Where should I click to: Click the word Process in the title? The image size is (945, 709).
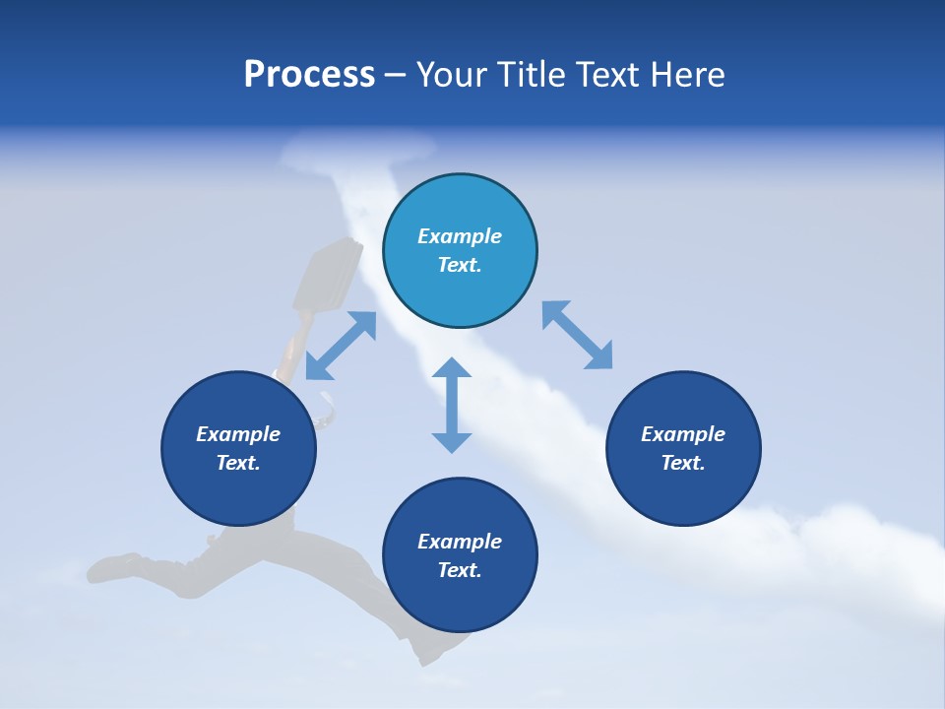[x=309, y=75]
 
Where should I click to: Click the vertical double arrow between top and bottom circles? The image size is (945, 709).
[x=452, y=405]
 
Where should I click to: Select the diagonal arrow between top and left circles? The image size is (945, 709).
[x=341, y=346]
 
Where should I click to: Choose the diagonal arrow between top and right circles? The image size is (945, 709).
[x=577, y=336]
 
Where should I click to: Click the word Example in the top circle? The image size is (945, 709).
[x=460, y=236]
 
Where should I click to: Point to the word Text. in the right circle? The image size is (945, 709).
[x=683, y=463]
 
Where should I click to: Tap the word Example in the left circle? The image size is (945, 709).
[x=238, y=434]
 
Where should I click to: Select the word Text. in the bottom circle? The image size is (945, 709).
[x=460, y=570]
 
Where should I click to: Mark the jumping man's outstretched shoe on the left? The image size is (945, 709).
[x=111, y=567]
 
